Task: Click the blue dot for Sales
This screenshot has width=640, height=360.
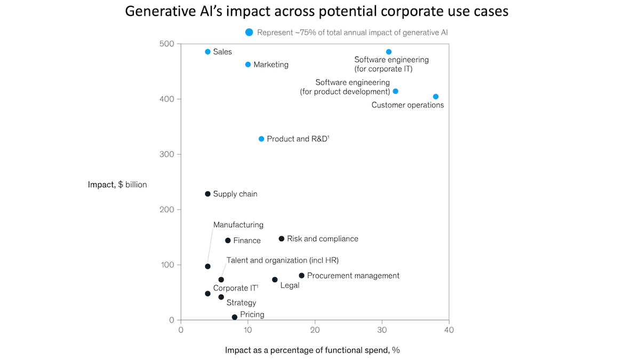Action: coord(207,52)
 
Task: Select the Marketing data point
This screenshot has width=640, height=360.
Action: coord(248,65)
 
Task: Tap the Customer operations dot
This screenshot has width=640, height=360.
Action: coord(436,97)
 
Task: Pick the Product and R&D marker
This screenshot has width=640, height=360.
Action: coord(261,139)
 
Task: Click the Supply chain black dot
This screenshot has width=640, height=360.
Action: coord(207,194)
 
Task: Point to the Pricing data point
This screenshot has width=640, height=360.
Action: coord(235,317)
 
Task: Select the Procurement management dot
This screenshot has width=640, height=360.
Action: coord(302,276)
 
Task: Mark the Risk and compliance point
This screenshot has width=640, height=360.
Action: coord(282,238)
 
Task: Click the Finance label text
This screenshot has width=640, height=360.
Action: coord(247,241)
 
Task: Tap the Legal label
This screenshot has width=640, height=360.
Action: coord(290,285)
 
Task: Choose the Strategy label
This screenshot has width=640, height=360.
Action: coord(241,303)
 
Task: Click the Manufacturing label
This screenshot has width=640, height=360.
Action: coord(238,225)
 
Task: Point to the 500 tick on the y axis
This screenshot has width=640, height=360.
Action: coord(167,44)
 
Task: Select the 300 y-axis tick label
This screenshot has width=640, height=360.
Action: coord(167,154)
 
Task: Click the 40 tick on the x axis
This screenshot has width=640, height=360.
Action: coord(449,331)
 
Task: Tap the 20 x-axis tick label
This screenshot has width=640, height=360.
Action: coord(315,331)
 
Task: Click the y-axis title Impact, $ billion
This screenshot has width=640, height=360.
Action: coord(117,185)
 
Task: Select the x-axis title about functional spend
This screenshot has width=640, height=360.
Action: coord(313,350)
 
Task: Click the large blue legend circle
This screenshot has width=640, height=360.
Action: coord(249,33)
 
